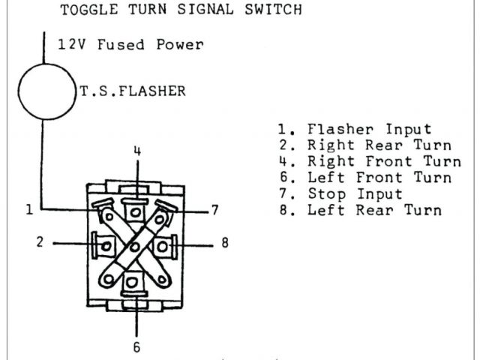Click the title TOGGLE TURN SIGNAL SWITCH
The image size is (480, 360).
click(x=181, y=10)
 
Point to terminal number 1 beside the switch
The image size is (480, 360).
click(x=29, y=211)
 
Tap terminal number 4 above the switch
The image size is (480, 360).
click(x=136, y=151)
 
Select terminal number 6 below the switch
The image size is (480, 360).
click(x=136, y=347)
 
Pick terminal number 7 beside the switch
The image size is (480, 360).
click(x=215, y=211)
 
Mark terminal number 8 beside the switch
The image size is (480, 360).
click(x=224, y=243)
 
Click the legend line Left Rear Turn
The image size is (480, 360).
click(x=359, y=211)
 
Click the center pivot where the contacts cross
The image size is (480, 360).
click(x=135, y=244)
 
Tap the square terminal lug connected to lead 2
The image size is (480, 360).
click(x=104, y=244)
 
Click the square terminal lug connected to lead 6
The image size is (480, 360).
click(x=135, y=283)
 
